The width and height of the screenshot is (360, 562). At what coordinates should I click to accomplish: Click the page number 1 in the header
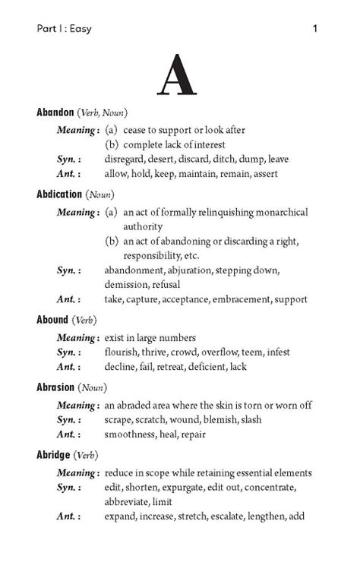tap(314, 30)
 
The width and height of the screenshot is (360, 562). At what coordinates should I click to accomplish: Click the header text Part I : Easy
tap(64, 30)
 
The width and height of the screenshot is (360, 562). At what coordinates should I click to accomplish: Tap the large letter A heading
tap(179, 77)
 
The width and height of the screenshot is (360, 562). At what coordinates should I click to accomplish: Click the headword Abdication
tap(59, 194)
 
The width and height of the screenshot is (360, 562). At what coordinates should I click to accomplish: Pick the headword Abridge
tap(54, 455)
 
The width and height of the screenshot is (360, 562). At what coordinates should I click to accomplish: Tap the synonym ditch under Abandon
tap(234, 159)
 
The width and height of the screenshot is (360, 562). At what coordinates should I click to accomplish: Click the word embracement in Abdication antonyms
tap(235, 299)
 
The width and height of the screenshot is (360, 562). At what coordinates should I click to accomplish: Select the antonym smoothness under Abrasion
tap(131, 434)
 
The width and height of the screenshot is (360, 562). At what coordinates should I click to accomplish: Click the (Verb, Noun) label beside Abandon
tap(104, 113)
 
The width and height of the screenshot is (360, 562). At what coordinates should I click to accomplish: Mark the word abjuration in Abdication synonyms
tap(191, 270)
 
